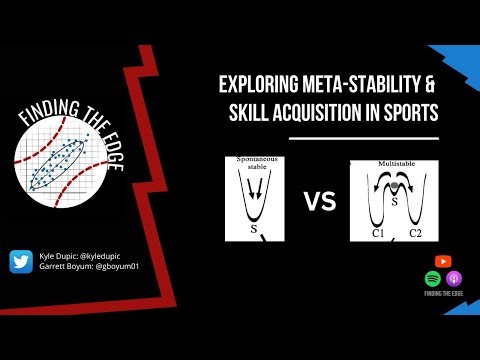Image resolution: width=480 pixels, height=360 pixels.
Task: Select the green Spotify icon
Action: (433, 277)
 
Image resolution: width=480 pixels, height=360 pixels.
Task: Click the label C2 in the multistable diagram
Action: (414, 233)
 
